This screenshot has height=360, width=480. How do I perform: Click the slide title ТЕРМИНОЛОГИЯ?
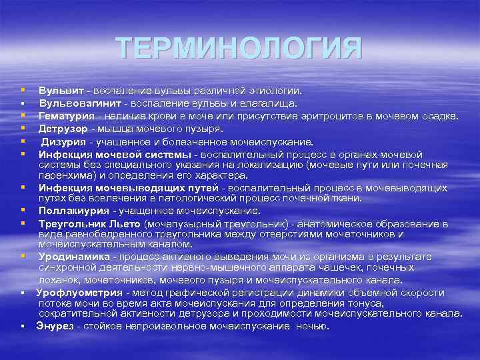coord(239,49)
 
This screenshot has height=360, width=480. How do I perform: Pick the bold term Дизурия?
coord(65,141)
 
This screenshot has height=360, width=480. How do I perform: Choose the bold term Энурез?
coord(55,326)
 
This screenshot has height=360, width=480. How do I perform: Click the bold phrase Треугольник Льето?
coord(89,223)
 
